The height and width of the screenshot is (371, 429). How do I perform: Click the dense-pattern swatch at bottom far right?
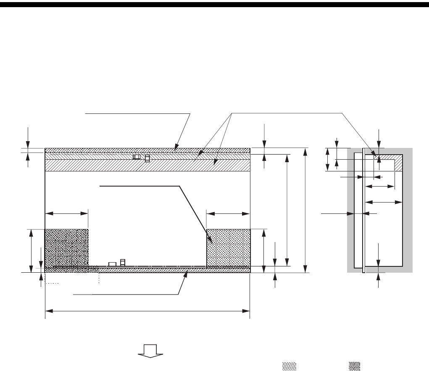354,366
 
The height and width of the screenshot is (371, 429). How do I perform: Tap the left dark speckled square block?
66,248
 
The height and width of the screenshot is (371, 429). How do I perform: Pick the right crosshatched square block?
228,248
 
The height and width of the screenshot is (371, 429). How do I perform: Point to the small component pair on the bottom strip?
117,263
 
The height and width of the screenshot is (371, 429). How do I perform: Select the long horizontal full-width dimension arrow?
147,311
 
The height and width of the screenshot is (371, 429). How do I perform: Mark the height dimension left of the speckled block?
31,250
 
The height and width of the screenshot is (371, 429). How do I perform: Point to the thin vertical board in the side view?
363,210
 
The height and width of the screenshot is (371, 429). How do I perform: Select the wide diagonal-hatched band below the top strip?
147,165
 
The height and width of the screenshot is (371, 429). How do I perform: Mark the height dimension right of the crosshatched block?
263,248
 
